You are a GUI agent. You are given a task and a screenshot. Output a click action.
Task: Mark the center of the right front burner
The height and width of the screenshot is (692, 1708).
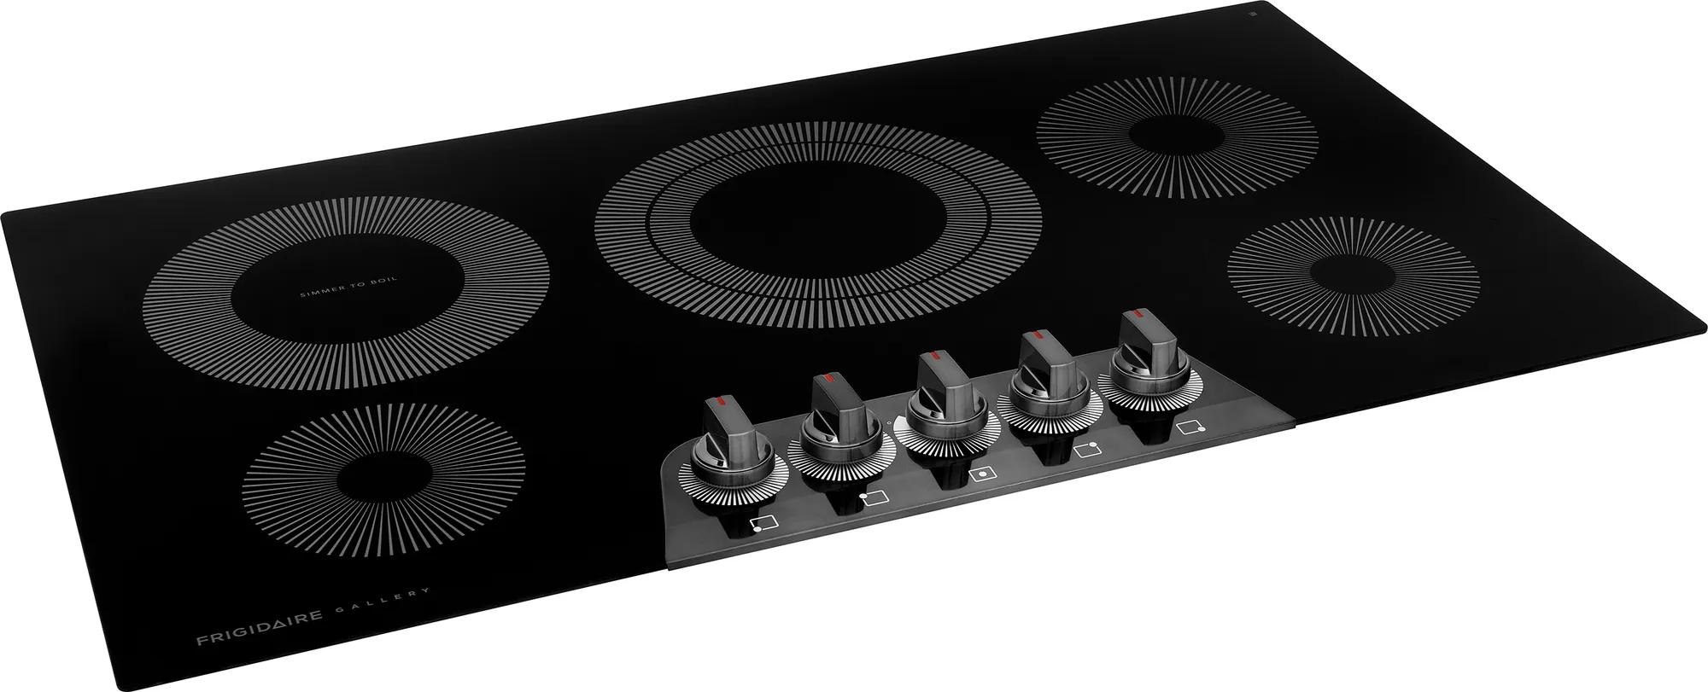click(1352, 276)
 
